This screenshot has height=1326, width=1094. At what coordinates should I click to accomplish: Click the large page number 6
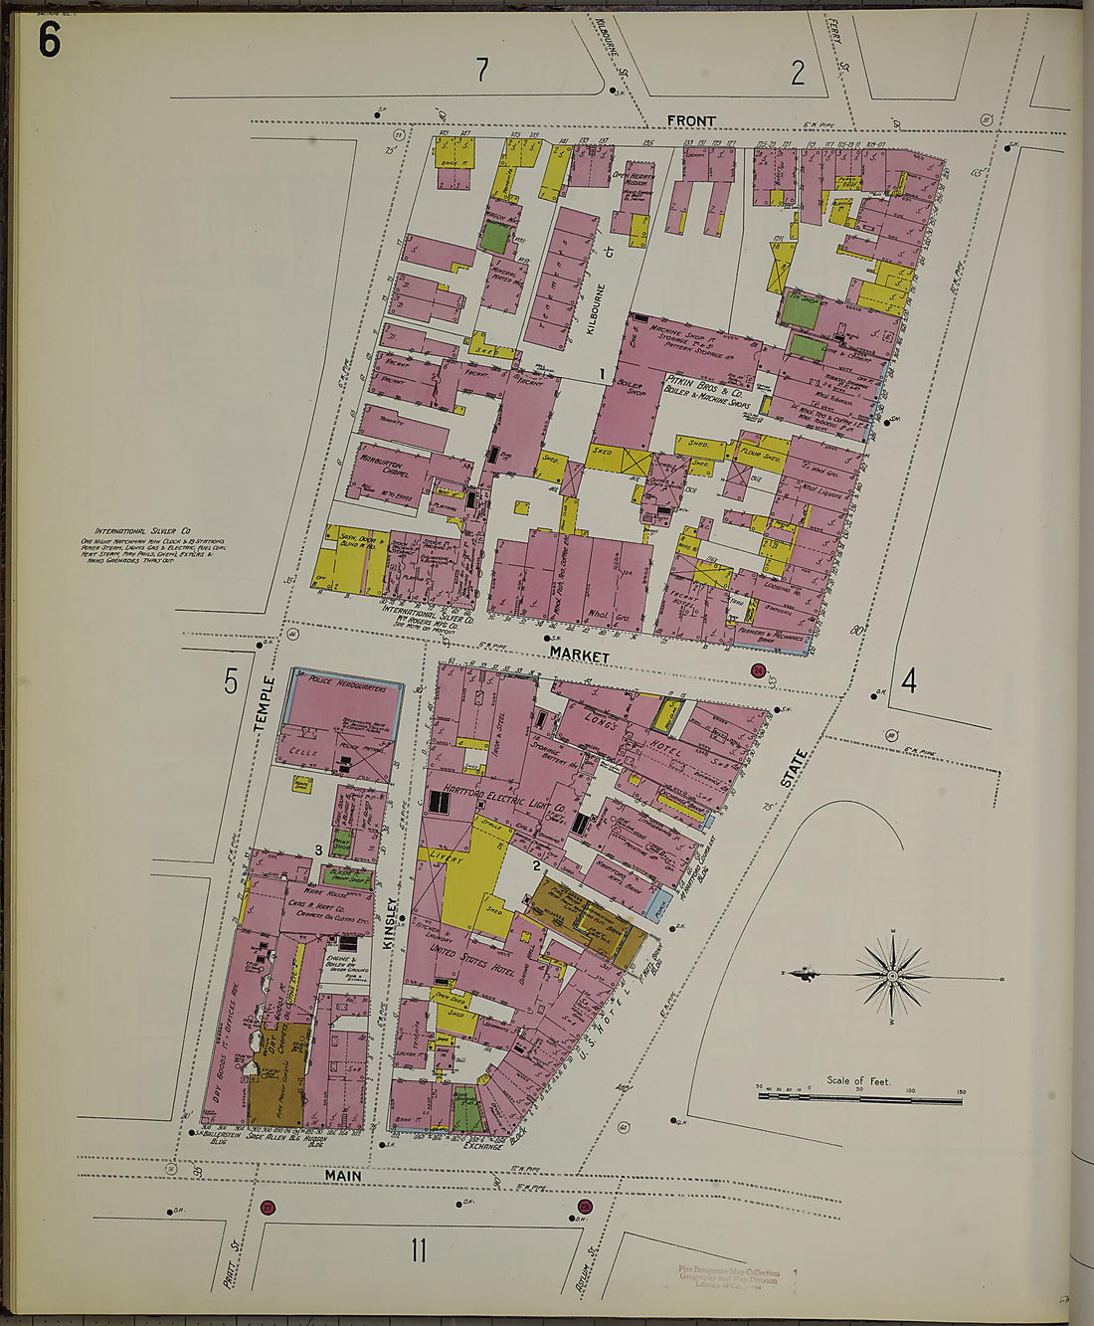tap(50, 39)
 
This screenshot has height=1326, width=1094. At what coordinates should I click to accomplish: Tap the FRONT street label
tap(691, 121)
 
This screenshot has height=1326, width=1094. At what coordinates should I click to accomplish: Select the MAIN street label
tap(342, 1176)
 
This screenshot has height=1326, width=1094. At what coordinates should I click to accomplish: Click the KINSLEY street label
tap(393, 921)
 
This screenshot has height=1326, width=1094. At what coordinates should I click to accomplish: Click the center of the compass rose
tap(892, 976)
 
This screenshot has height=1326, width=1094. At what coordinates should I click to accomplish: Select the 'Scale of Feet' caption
tap(858, 1080)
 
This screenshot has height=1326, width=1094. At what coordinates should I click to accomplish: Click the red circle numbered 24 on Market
tap(760, 671)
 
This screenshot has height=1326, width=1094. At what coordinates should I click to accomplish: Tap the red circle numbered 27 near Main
tap(268, 1208)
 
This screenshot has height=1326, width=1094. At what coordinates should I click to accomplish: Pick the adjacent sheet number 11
tap(418, 1248)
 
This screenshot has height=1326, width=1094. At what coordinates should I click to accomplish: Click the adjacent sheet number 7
tap(482, 71)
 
